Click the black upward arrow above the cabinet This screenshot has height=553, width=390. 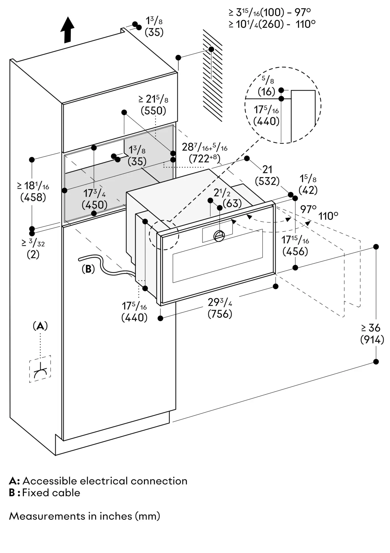click(x=67, y=30)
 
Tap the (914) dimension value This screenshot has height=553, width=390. click(x=372, y=340)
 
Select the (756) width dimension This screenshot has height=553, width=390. click(x=220, y=314)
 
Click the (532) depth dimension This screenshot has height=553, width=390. click(x=267, y=181)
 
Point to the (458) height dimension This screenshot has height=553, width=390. click(x=33, y=197)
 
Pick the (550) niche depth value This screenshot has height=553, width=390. click(x=153, y=111)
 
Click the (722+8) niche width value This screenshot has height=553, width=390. click(x=205, y=159)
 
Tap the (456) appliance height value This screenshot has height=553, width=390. click(x=295, y=252)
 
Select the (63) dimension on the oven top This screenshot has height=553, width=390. click(x=232, y=204)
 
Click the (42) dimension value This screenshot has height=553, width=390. click(x=308, y=190)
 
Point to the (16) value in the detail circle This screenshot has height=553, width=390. click(x=266, y=92)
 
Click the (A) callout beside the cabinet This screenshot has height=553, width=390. click(x=40, y=326)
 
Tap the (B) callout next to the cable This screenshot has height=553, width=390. click(x=88, y=269)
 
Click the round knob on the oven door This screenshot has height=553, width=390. click(x=219, y=236)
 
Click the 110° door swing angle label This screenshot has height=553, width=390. click(x=328, y=216)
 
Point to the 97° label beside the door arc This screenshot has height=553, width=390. click(x=308, y=209)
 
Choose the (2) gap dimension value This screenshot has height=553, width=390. click(x=33, y=255)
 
